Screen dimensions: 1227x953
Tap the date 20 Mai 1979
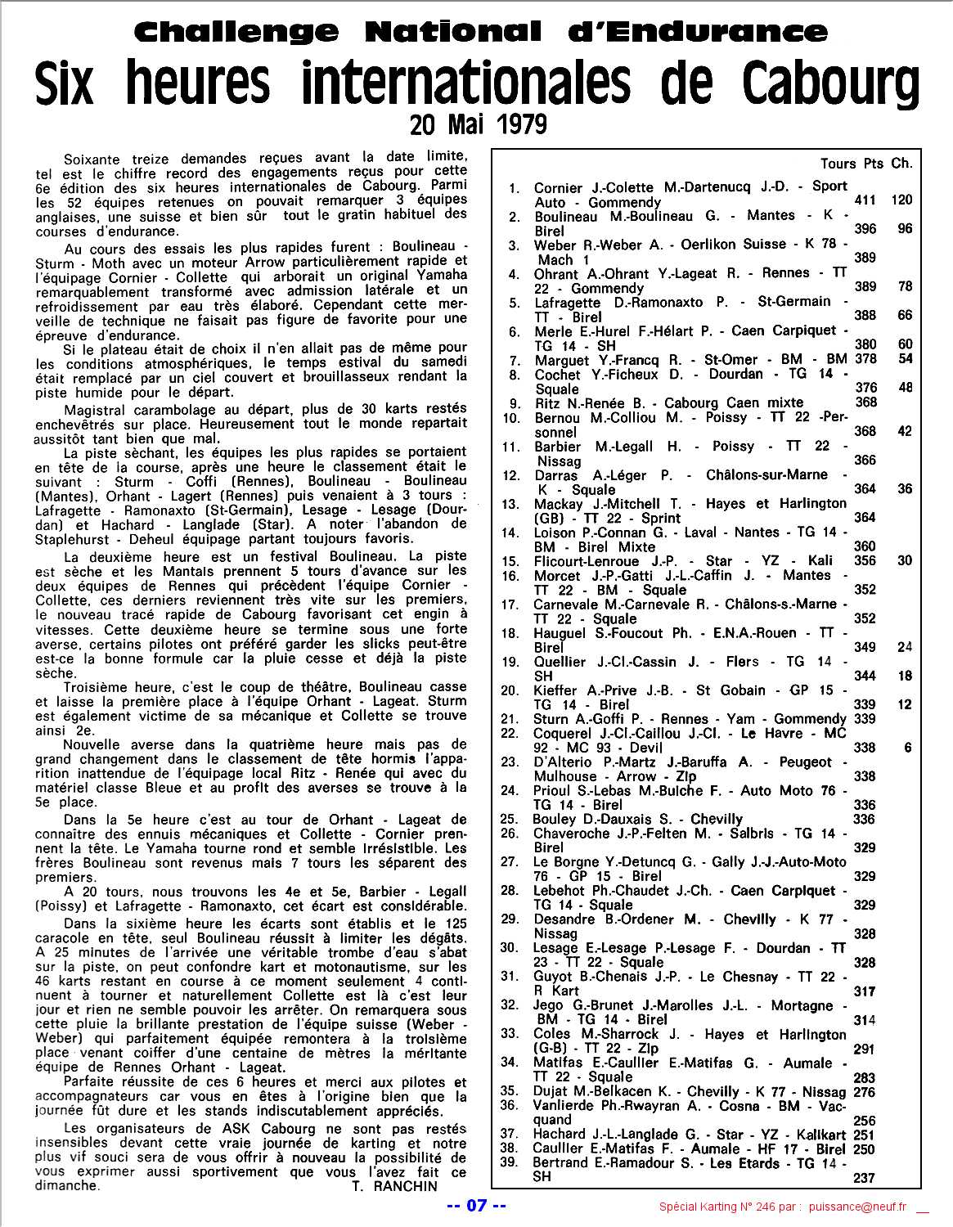point(478,124)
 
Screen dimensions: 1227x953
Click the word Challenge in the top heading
point(235,32)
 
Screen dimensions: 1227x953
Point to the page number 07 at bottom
point(477,1205)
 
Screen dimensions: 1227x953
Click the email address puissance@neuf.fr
point(860,1207)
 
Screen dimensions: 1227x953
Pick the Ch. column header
point(901,164)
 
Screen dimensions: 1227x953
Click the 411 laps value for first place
point(865,200)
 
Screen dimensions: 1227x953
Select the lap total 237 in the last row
point(864,1178)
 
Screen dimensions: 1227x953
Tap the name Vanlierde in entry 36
point(565,1106)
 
